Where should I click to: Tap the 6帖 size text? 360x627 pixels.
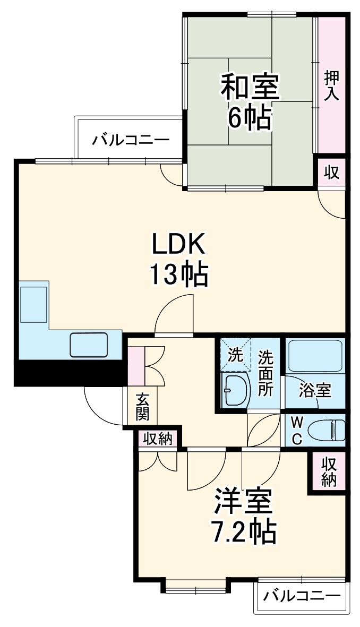250,117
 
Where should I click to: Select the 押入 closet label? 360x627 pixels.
332,85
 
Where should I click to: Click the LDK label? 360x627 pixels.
178,245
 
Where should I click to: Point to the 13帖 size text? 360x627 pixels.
178,274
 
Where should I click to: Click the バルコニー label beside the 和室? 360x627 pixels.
131,141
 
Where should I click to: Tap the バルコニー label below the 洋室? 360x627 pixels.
302,596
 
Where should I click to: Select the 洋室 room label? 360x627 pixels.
244,502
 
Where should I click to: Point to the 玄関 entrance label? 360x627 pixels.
141,407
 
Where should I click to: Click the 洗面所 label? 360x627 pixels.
265,373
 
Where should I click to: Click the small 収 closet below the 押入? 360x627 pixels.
332,173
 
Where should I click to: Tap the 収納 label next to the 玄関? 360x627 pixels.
158,439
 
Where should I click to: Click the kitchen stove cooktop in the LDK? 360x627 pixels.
34,304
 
